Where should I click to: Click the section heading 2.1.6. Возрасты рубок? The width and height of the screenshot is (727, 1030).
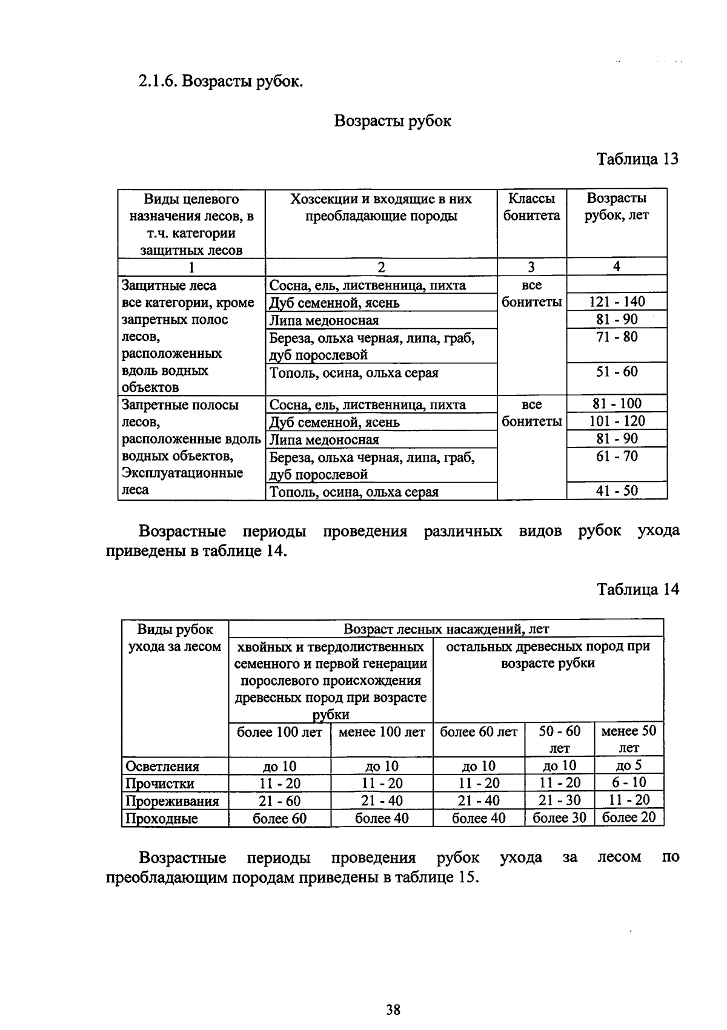tap(221, 81)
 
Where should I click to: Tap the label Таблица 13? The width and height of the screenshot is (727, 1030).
tap(637, 159)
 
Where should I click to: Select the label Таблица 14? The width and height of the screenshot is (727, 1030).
tap(637, 589)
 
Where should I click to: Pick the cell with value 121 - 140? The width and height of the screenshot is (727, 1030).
tap(617, 302)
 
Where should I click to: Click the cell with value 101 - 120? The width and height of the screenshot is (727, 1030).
tap(617, 421)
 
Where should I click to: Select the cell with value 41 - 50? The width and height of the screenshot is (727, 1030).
tap(617, 491)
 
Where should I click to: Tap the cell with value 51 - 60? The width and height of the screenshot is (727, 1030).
tap(617, 372)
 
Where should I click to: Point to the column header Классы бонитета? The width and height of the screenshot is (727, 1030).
tap(531, 207)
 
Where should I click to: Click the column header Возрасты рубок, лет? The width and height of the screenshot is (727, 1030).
tap(616, 207)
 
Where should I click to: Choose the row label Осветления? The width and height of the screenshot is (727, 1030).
tap(162, 767)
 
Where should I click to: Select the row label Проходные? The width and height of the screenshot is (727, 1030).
tap(162, 819)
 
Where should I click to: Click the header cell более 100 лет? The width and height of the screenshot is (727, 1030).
tap(279, 732)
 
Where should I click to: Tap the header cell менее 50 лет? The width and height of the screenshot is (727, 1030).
tap(628, 739)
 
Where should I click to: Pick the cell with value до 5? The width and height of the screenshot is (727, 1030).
tap(629, 765)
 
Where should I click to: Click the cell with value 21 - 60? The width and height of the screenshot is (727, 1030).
tap(279, 801)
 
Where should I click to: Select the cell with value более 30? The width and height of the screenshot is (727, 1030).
tap(559, 818)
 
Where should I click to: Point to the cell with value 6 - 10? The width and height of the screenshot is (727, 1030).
tap(629, 782)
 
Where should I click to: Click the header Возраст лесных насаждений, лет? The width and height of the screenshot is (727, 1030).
tap(446, 629)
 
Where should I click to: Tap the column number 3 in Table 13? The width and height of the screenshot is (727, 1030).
tap(531, 267)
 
